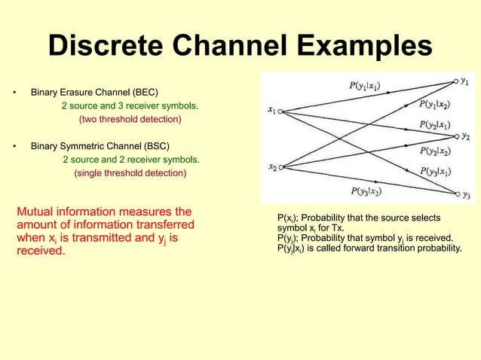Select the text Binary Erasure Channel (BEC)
point(93,93)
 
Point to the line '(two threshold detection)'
point(130,120)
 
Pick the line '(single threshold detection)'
point(130,173)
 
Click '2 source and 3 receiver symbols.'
point(130,106)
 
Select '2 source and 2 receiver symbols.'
point(130,160)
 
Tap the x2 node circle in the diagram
point(280,167)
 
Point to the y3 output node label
point(466,194)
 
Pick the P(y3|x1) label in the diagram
point(437,172)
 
